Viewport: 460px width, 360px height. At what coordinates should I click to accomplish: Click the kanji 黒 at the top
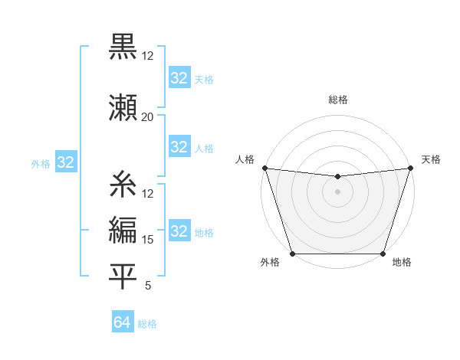[x=123, y=47]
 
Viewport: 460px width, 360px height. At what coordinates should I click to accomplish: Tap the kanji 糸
[x=123, y=185]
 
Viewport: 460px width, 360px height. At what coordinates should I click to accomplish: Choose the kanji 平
[x=123, y=277]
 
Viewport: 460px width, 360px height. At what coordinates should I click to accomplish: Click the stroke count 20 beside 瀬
[x=147, y=116]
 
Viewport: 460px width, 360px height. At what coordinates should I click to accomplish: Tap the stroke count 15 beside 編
[x=147, y=239]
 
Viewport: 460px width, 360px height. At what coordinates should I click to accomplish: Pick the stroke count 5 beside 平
[x=147, y=286]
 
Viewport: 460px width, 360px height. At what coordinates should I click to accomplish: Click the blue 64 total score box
[x=122, y=323]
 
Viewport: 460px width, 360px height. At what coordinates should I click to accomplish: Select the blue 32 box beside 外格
[x=65, y=162]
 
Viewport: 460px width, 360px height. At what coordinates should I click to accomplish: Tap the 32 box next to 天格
[x=179, y=78]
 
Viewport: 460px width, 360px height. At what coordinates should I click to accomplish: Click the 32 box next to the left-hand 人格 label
[x=179, y=147]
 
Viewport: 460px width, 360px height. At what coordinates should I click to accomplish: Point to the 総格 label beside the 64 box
[x=147, y=324]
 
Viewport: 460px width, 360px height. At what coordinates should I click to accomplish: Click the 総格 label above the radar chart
[x=337, y=100]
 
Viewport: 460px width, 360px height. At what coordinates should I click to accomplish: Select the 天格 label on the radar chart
[x=431, y=159]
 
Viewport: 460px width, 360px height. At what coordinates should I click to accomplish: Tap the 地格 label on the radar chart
[x=402, y=262]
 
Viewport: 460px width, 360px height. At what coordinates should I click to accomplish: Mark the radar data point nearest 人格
[x=264, y=168]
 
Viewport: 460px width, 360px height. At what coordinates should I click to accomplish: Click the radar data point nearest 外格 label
[x=292, y=254]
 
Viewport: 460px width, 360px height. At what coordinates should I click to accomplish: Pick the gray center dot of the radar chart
[x=337, y=191]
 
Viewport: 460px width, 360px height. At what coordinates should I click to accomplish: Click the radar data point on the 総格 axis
[x=337, y=177]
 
